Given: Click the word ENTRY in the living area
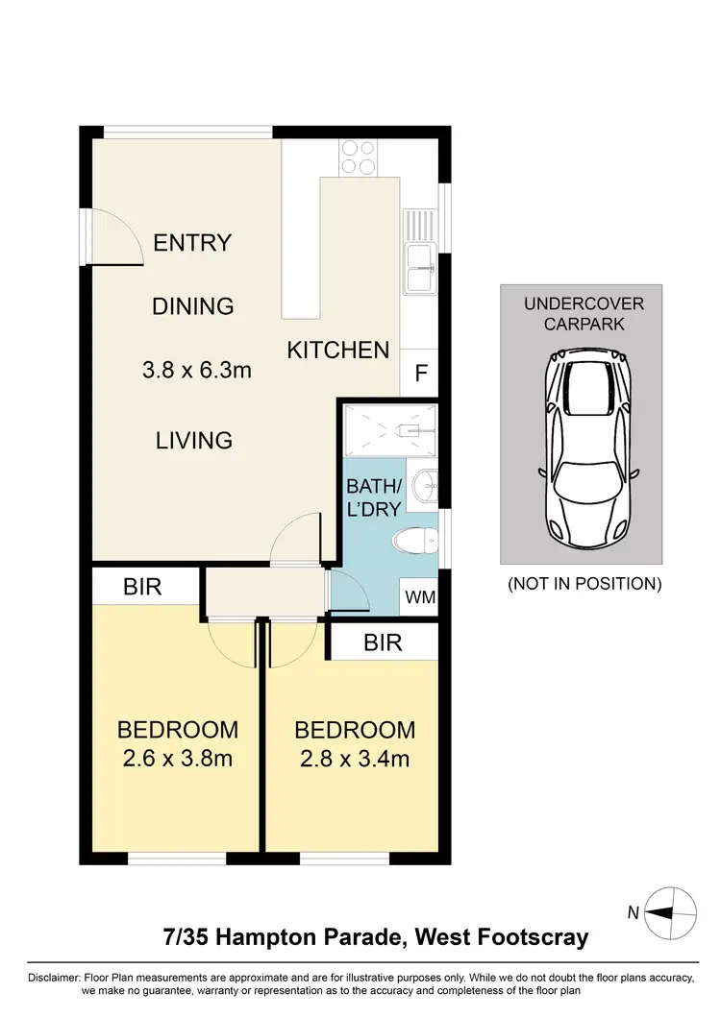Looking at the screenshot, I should [x=192, y=243].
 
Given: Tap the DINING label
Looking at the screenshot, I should [x=193, y=306].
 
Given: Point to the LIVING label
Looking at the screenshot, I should [x=194, y=441].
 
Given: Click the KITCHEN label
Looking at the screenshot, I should [x=338, y=351].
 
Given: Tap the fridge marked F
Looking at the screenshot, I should [x=420, y=374].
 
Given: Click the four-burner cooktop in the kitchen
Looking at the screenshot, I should [x=357, y=157].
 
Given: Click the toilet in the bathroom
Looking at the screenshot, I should [x=415, y=543].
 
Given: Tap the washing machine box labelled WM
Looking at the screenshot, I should [x=420, y=596].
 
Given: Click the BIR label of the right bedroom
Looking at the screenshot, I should [x=382, y=642].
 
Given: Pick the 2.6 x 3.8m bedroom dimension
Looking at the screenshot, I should [x=178, y=760].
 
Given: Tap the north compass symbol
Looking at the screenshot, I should [x=670, y=913].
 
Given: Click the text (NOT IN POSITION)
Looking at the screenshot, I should [x=584, y=583].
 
